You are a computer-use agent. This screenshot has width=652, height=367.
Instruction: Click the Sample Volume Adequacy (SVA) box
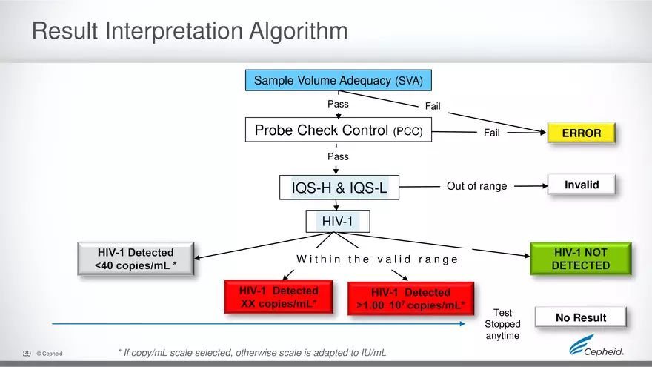tap(339, 80)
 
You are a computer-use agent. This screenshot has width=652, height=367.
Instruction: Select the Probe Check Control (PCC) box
tap(339, 130)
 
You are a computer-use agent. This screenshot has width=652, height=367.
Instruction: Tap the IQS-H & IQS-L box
tap(339, 188)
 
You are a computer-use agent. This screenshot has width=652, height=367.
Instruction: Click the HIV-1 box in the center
tap(338, 221)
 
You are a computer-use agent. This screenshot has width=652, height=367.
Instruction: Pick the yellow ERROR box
tap(581, 133)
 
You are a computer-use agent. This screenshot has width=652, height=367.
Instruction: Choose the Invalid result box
tap(581, 185)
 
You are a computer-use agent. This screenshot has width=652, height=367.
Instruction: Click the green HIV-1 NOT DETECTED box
tap(580, 259)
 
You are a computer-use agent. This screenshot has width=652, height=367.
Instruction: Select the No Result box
tap(580, 318)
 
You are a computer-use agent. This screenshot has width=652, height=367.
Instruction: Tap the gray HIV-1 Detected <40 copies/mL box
tap(136, 259)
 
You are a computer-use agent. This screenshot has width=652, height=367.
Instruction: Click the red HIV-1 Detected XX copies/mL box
tap(279, 297)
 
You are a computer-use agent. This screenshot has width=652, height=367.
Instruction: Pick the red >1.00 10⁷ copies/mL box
tap(410, 298)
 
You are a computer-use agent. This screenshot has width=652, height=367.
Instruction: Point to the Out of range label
tap(476, 186)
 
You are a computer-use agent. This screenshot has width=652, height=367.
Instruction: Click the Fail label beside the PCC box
tap(491, 133)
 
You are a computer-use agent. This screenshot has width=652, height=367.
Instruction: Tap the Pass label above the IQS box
tap(338, 157)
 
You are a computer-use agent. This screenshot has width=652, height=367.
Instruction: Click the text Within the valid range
tap(376, 259)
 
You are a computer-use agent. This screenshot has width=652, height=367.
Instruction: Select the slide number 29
tap(27, 354)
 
